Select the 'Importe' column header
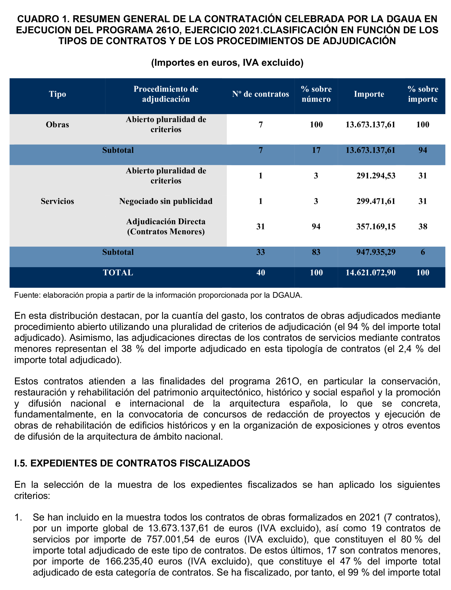pyautogui.click(x=369, y=94)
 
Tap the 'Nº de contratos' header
pyautogui.click(x=260, y=94)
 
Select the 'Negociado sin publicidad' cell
pyautogui.click(x=166, y=201)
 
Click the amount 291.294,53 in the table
pyautogui.click(x=376, y=176)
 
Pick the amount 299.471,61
pyautogui.click(x=376, y=201)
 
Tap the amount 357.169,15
pyautogui.click(x=376, y=227)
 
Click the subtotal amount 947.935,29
pyautogui.click(x=376, y=252)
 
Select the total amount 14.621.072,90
pyautogui.click(x=371, y=273)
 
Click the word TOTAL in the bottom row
pyautogui.click(x=118, y=273)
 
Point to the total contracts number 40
pyautogui.click(x=260, y=273)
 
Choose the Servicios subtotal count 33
pyautogui.click(x=260, y=252)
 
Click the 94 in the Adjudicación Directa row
pyautogui.click(x=316, y=227)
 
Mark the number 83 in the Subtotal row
pyautogui.click(x=316, y=252)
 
